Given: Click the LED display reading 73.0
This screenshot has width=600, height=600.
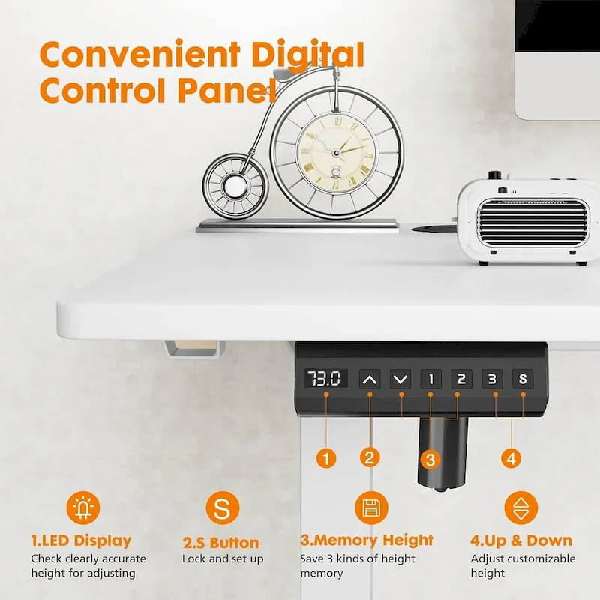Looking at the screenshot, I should point(326,379).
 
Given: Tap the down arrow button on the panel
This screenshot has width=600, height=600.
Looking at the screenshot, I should point(400,379).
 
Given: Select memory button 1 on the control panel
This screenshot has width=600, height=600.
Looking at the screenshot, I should point(430,379).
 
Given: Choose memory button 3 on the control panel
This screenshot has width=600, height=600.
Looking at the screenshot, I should point(492,379).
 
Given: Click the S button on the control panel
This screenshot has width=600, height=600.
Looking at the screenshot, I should point(523,379).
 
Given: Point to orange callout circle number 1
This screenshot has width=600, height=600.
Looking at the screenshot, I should point(325,457).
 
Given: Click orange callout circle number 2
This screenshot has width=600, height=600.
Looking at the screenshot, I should point(368,457).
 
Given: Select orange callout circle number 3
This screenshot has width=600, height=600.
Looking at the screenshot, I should point(428,458).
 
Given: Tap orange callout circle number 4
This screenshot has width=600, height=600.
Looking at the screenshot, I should point(511,457).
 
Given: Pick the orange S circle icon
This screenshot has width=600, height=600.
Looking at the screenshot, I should point(220,509).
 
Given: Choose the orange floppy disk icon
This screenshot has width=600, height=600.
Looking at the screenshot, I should point(369,509).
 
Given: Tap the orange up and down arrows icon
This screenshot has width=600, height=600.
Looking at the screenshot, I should point(520,509).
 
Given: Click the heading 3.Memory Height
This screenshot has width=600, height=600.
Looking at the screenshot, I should point(367,541).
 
